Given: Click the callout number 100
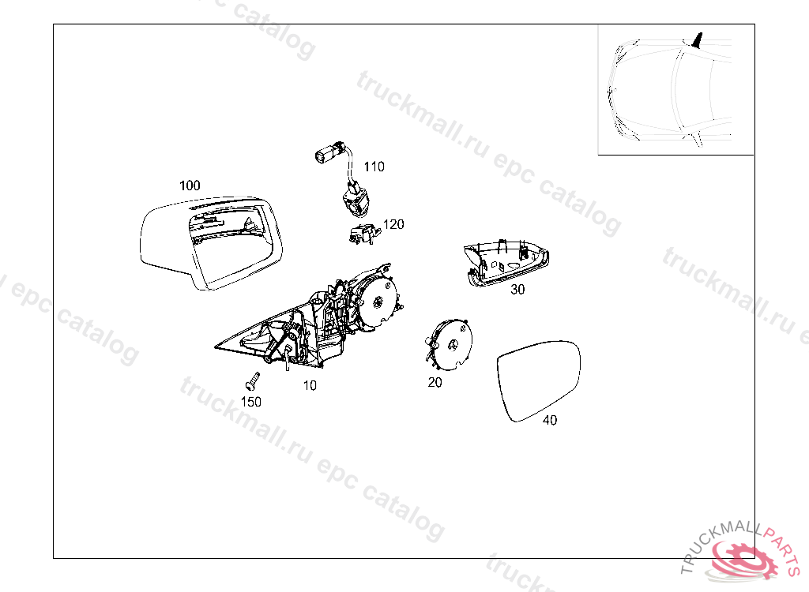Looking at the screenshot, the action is (x=190, y=185).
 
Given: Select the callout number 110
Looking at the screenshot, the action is (x=374, y=167).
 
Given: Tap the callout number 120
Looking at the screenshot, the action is (x=393, y=224).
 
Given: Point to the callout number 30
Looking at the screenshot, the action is (x=517, y=290).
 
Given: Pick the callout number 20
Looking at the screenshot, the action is (x=435, y=383).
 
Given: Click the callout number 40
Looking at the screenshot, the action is (x=550, y=420).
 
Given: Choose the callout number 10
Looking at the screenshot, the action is (x=310, y=386).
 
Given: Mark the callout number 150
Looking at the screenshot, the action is (x=251, y=402).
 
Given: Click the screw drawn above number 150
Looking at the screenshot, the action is (x=252, y=381).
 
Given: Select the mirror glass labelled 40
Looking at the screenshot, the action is (x=539, y=380).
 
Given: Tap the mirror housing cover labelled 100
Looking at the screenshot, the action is (x=212, y=242).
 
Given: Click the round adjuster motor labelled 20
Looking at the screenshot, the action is (x=449, y=344).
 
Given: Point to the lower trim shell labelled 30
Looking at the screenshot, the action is (x=506, y=263).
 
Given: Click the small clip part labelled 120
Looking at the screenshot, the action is (x=363, y=234).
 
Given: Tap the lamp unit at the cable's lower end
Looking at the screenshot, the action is (x=355, y=201).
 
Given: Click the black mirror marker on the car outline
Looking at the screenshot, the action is (x=697, y=40).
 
